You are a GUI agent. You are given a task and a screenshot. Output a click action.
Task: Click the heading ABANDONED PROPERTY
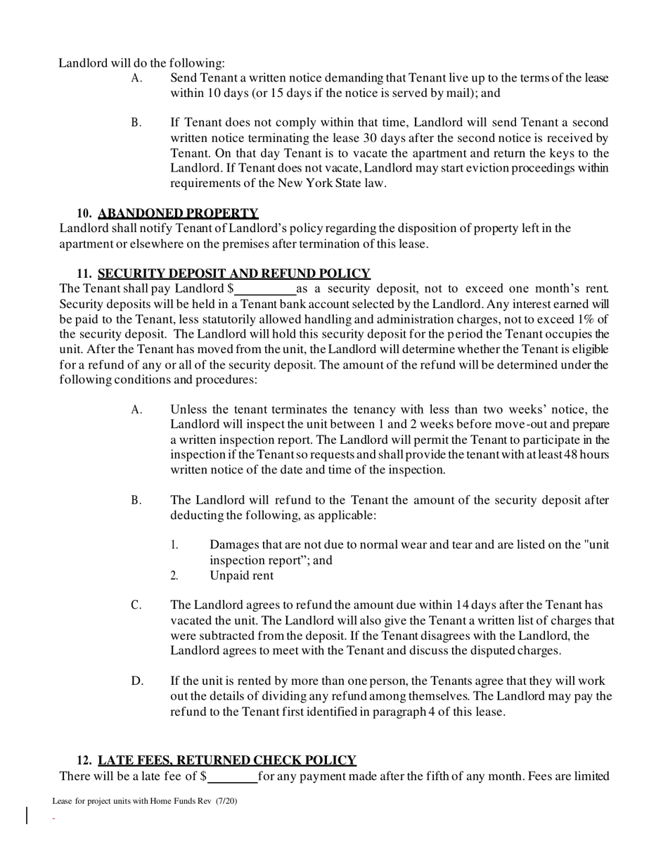[x=178, y=213]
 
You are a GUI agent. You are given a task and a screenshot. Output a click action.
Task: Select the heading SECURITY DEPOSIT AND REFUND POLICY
[x=234, y=274]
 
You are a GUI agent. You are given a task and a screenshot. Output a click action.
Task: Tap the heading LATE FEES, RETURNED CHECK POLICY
[x=227, y=760]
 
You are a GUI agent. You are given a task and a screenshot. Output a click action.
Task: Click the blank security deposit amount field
[x=265, y=289]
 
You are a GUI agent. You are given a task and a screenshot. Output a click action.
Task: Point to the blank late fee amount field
[x=232, y=776]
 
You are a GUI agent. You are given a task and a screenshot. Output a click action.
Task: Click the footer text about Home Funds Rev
[x=144, y=801]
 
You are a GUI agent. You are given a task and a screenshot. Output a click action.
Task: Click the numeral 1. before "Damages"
[x=175, y=545]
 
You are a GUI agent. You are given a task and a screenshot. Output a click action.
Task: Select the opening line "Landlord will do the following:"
[x=142, y=63]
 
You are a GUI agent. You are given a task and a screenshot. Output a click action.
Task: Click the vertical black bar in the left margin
[x=27, y=816]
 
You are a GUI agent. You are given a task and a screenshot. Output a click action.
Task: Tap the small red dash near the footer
[x=53, y=818]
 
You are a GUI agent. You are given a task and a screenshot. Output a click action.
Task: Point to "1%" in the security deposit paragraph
[x=581, y=319]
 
